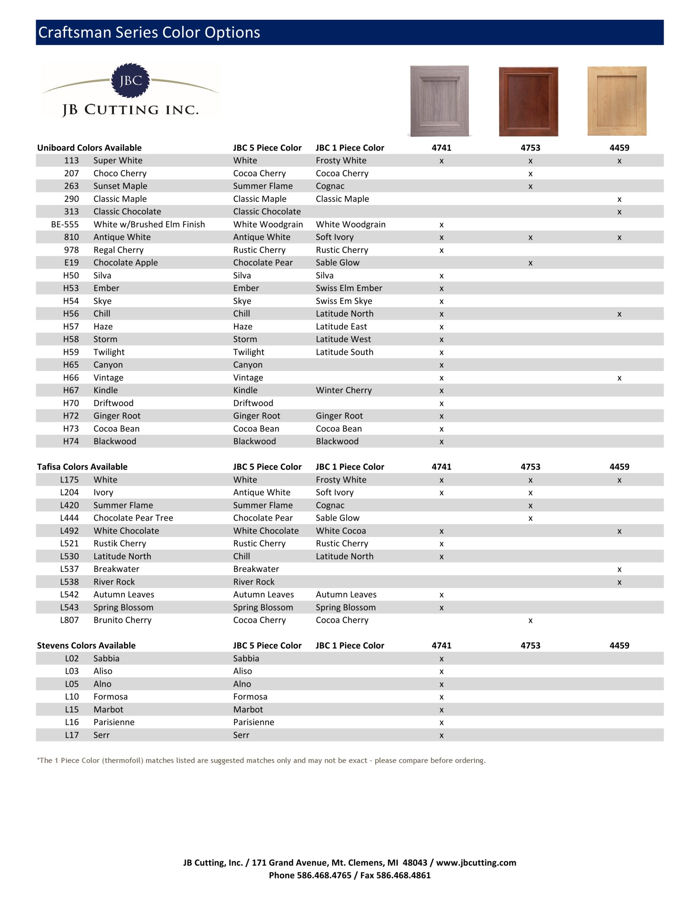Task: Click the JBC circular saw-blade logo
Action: coord(130,80)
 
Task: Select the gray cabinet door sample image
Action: coord(440,101)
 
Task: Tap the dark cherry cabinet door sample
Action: coord(528,101)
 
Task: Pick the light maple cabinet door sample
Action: coord(616,101)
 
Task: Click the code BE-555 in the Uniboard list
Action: coord(65,224)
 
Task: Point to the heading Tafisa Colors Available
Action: coord(82,467)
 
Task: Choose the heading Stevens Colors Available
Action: coord(86,646)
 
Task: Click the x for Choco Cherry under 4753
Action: coord(530,174)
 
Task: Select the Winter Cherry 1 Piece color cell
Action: coord(344,390)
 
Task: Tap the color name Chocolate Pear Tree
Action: coord(133,518)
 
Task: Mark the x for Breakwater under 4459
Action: coord(619,569)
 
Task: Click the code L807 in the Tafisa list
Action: coord(69,620)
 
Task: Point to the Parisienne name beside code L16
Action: coord(114,722)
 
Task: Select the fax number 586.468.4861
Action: coord(403,875)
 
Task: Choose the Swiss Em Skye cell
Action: coord(344,301)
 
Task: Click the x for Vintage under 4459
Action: coord(619,378)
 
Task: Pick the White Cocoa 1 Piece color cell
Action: coord(341,531)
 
